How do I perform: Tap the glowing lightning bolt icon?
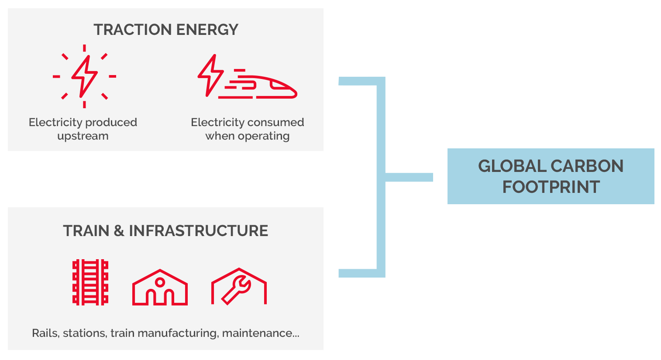pyautogui.click(x=84, y=76)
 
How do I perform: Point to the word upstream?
pyautogui.click(x=83, y=136)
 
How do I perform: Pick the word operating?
pyautogui.click(x=263, y=136)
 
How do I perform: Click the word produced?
pyautogui.click(x=111, y=122)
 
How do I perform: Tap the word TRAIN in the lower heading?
pyautogui.click(x=86, y=231)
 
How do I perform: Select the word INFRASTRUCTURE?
pyautogui.click(x=198, y=231)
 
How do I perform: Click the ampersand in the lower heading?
pyautogui.click(x=119, y=231)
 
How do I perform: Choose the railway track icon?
pyautogui.click(x=90, y=282)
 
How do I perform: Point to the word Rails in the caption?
pyautogui.click(x=45, y=333)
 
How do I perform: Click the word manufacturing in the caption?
pyautogui.click(x=177, y=333)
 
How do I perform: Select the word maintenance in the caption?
pyautogui.click(x=258, y=333)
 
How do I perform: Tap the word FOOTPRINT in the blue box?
pyautogui.click(x=551, y=187)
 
